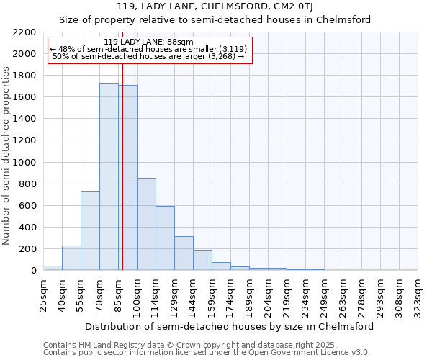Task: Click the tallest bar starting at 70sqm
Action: click(x=109, y=176)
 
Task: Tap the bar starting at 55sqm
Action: click(x=90, y=230)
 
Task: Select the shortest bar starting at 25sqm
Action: click(x=53, y=268)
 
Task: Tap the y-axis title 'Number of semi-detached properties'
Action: click(x=7, y=155)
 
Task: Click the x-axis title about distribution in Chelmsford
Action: click(x=230, y=326)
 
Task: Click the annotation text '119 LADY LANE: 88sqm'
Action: click(x=148, y=42)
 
